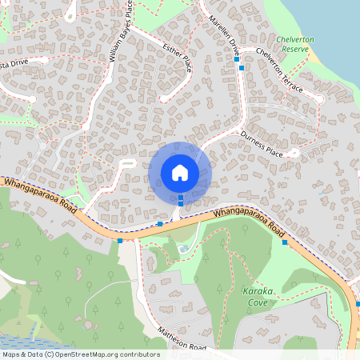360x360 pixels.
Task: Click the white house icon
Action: [180, 172]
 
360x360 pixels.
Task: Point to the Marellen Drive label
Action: [225, 34]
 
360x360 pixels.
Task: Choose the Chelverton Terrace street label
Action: [279, 70]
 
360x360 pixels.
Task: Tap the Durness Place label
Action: [262, 144]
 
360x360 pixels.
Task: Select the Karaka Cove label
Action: [258, 298]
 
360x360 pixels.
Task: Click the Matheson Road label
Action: [182, 340]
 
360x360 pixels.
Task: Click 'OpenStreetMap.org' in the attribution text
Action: [84, 354]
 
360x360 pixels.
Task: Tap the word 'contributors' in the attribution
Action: [140, 354]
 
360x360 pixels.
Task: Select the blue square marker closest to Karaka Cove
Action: [284, 242]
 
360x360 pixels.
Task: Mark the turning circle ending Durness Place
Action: [294, 151]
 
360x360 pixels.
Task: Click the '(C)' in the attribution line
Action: [49, 354]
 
